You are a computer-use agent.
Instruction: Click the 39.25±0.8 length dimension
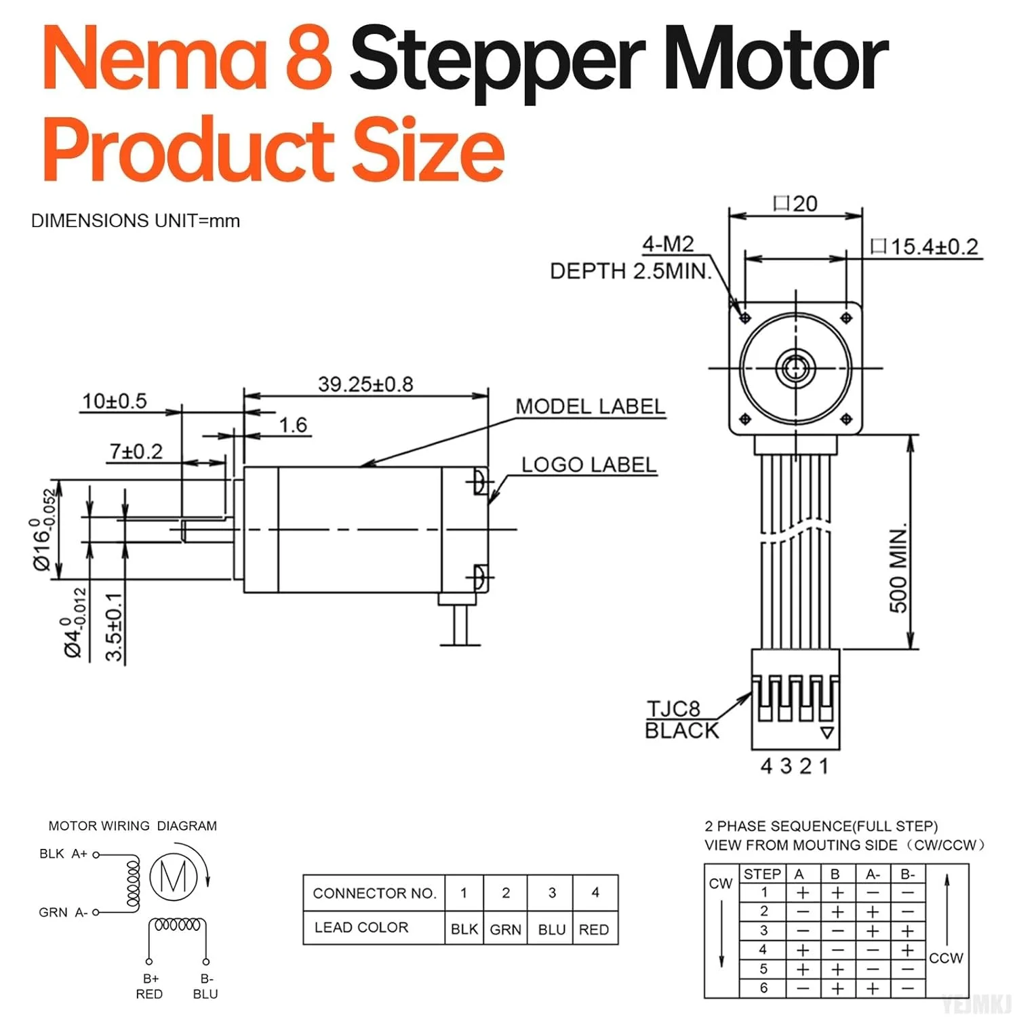365,384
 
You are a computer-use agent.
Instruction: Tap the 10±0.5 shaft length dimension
114,401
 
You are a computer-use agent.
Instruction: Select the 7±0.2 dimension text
136,452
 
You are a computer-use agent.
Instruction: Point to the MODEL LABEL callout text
590,407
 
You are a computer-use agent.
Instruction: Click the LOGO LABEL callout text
589,465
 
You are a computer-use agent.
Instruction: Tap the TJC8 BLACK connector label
681,720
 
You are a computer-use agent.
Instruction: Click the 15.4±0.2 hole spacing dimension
934,247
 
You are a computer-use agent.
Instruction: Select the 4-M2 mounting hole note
668,244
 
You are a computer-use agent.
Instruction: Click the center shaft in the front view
795,368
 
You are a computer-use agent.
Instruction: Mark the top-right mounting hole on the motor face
845,318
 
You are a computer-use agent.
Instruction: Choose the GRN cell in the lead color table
505,930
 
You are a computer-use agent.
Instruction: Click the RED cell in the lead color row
594,930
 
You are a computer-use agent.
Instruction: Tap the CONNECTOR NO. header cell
374,894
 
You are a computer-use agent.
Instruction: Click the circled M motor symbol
174,878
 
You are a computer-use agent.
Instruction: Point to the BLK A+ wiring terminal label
64,854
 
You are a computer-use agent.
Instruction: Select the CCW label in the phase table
946,958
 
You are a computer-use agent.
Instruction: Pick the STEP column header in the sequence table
763,874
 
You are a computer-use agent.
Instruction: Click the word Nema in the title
155,60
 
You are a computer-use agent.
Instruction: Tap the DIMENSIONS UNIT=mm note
136,221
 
